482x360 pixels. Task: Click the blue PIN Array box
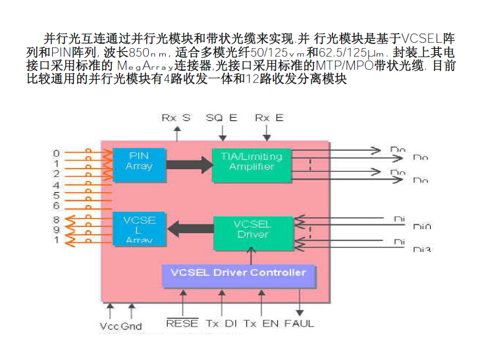click(138, 161)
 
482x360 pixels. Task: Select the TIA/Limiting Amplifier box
click(251, 161)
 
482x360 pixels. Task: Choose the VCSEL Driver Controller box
click(238, 272)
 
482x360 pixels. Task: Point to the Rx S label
click(176, 117)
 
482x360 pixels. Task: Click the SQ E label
click(221, 117)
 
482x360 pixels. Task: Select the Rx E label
click(269, 117)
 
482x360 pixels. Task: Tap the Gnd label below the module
click(132, 326)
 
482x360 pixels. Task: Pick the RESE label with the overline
click(182, 323)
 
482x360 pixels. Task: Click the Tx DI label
click(221, 323)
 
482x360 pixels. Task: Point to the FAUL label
click(300, 323)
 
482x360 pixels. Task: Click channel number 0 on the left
click(57, 153)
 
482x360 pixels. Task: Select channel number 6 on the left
click(57, 206)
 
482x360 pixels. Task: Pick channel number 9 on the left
click(57, 230)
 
